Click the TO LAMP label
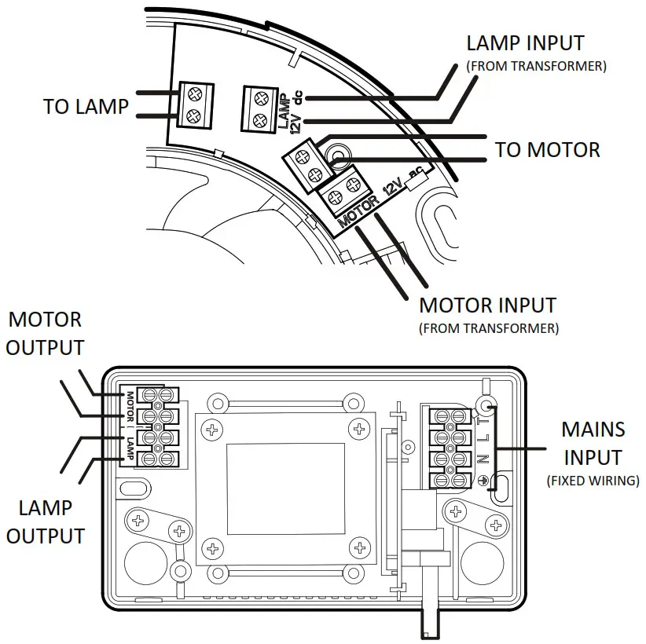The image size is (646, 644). click(85, 107)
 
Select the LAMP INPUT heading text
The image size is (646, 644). click(525, 42)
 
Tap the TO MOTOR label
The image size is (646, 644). click(547, 149)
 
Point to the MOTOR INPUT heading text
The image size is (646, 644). click(487, 306)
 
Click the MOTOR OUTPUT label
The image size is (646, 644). click(45, 333)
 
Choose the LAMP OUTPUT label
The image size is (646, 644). click(45, 522)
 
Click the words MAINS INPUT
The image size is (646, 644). click(593, 443)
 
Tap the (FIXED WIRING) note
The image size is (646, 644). click(593, 480)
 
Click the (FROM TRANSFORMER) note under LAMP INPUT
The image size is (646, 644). click(536, 67)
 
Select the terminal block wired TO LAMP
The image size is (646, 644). click(193, 104)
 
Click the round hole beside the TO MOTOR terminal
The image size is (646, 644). click(339, 157)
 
